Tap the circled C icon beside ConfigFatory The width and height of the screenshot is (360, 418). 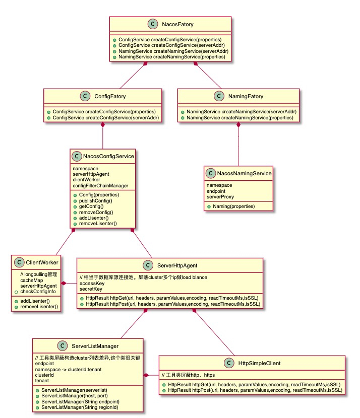pos(85,97)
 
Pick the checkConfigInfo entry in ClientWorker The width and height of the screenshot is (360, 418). pos(38,292)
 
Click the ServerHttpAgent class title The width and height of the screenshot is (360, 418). pos(178,265)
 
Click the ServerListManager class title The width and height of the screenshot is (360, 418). pos(95,345)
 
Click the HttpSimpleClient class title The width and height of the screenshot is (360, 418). pos(260,363)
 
